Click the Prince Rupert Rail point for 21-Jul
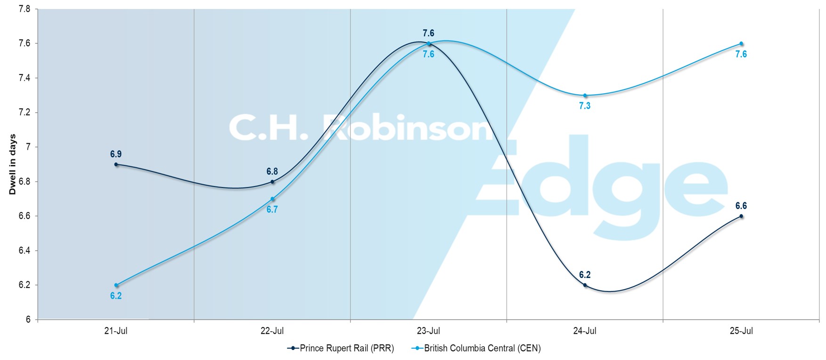tap(116, 164)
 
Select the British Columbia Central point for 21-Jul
tap(116, 285)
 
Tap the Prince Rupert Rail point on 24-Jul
tap(585, 285)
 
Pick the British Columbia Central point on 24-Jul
tap(585, 96)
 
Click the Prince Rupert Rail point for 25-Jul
tap(741, 216)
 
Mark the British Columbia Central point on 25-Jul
tap(741, 44)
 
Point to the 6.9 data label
tap(116, 154)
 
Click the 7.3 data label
tap(585, 106)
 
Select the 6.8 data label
tap(272, 172)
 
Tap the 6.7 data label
tap(272, 210)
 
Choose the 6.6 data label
tap(741, 206)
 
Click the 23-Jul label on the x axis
tap(428, 331)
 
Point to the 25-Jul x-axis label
tap(741, 331)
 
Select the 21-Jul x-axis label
tap(116, 331)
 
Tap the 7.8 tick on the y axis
tap(25, 9)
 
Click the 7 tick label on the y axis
tap(28, 147)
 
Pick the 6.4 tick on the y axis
tap(25, 251)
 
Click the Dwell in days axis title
tap(13, 164)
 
